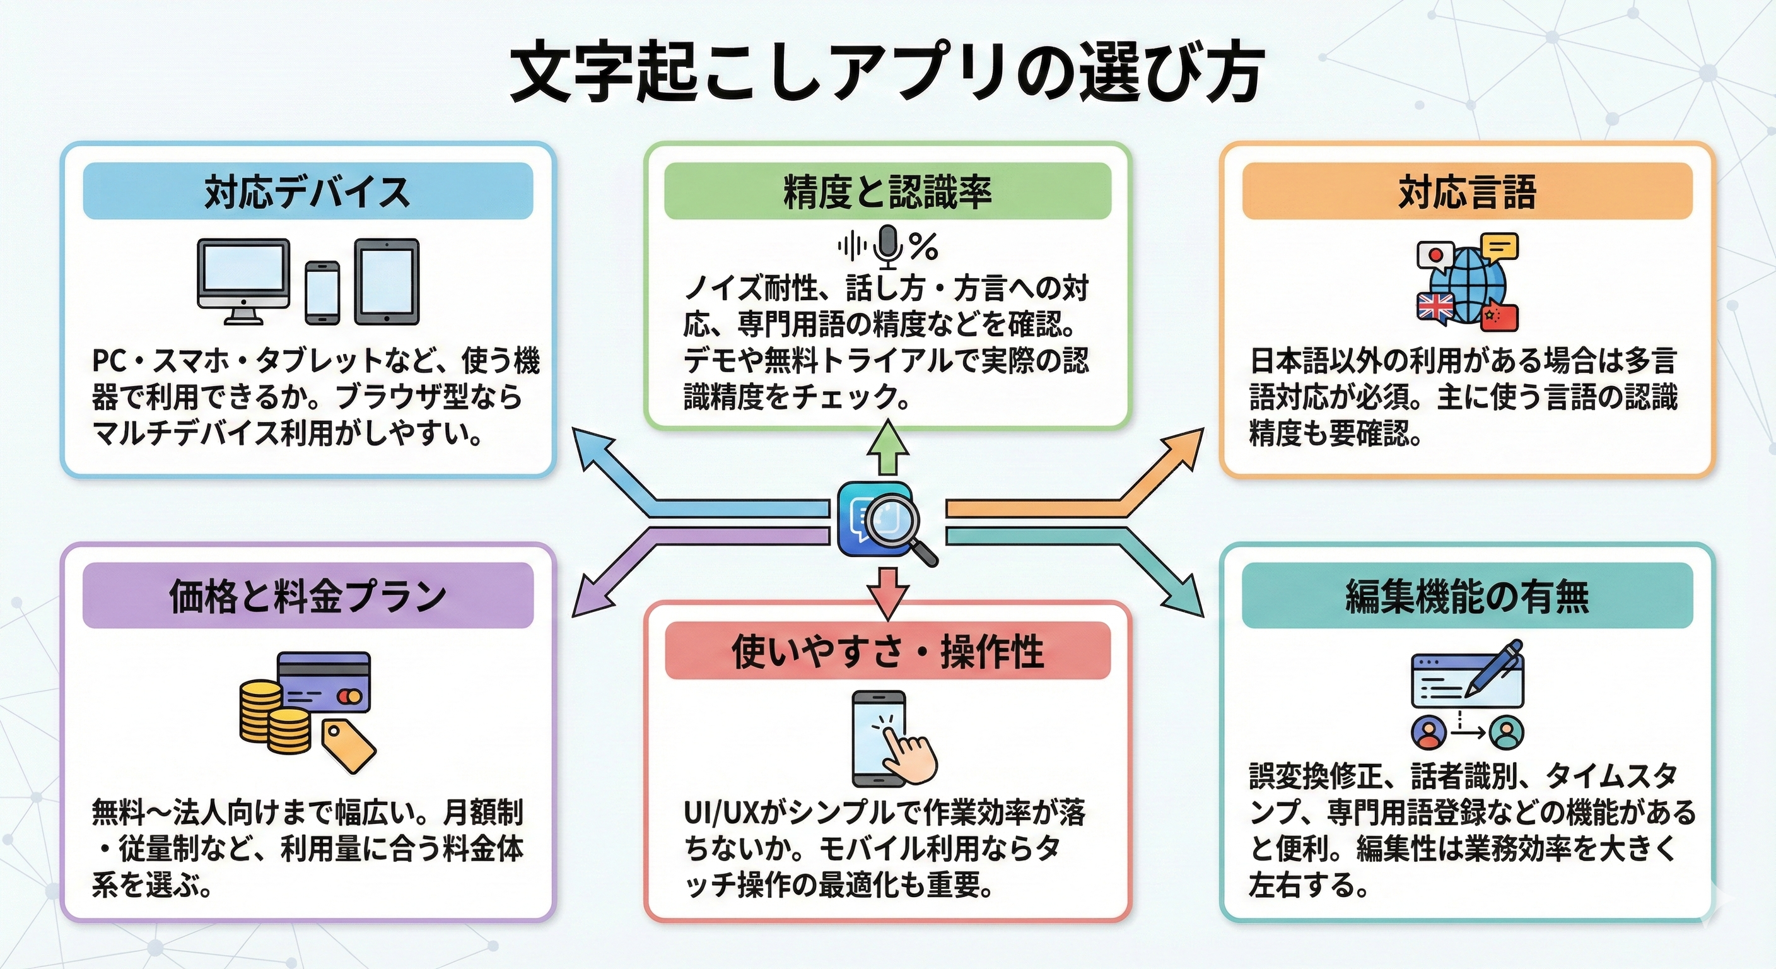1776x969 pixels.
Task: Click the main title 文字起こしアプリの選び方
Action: coord(887,74)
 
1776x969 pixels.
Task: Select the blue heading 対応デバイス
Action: coord(308,192)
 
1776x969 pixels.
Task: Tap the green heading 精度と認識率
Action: coord(887,192)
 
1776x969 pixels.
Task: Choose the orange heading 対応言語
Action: coord(1466,192)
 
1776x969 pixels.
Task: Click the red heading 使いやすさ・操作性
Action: coord(887,651)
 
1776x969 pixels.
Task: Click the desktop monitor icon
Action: coord(243,279)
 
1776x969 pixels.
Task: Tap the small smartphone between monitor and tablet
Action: coord(322,291)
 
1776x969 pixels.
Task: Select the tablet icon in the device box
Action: coord(387,281)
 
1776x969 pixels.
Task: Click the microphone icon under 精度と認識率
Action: coord(888,245)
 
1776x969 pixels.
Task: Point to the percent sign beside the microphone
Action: coord(923,246)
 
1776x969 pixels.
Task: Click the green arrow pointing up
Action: coord(887,449)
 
